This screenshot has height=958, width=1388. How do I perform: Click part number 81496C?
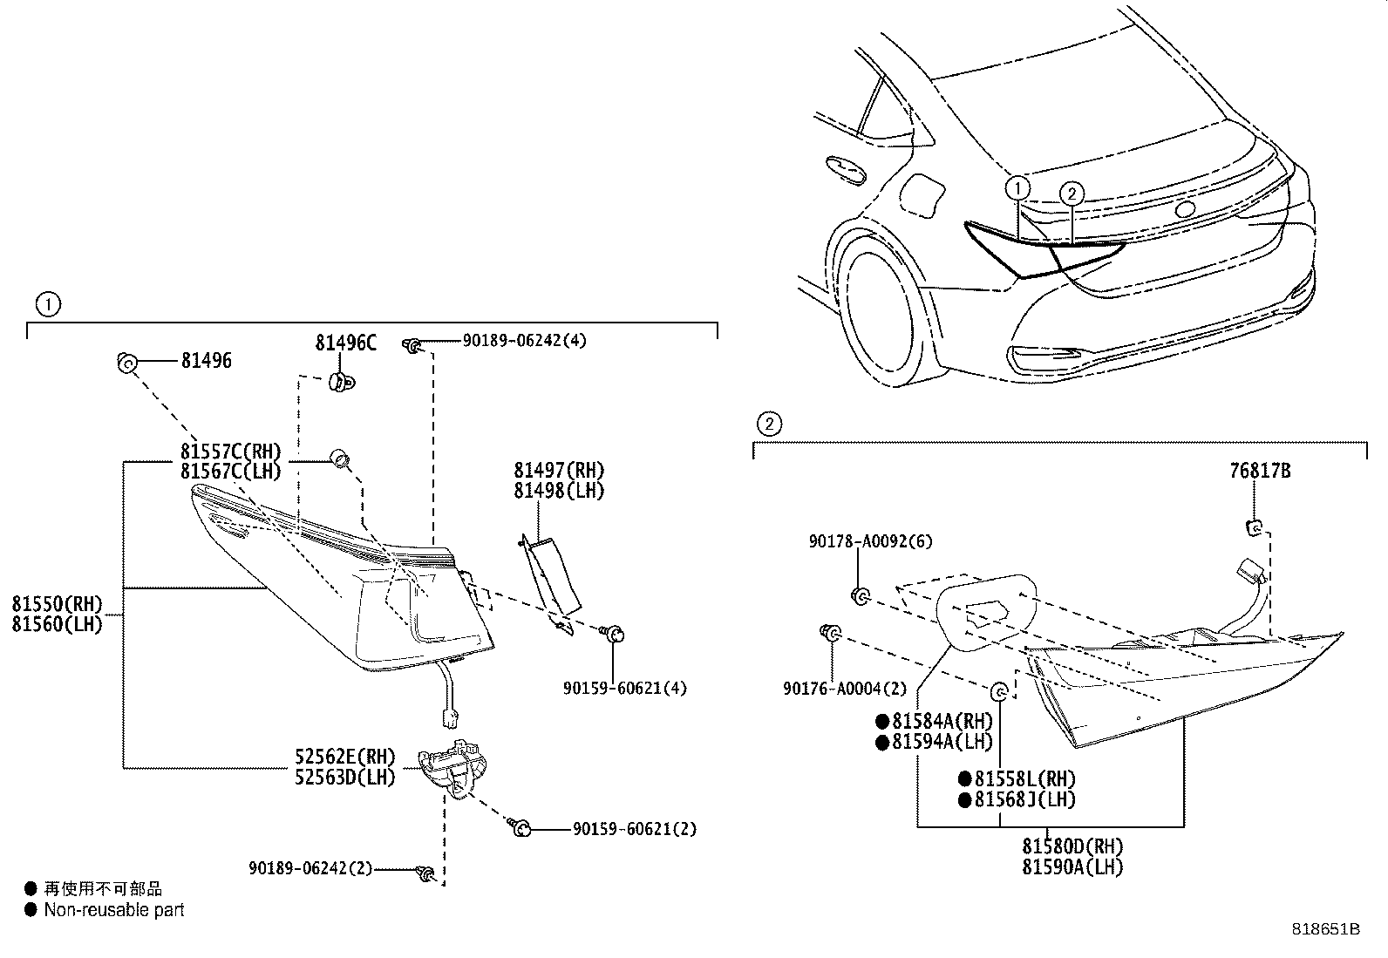click(x=346, y=343)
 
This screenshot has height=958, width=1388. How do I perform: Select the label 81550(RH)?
click(x=58, y=604)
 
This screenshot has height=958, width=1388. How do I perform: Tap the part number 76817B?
click(x=1260, y=471)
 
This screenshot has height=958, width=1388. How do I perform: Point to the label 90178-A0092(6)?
click(x=869, y=541)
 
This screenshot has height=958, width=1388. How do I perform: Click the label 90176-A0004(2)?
click(x=844, y=688)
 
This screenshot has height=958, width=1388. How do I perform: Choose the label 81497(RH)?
click(x=559, y=471)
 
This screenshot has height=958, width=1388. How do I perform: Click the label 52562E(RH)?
click(x=344, y=756)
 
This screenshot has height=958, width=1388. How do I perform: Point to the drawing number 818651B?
click(x=1325, y=929)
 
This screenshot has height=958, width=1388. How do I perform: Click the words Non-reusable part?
click(x=114, y=910)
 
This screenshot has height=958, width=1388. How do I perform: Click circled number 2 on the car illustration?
click(x=1072, y=194)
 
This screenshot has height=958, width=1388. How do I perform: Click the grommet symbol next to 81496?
click(x=126, y=361)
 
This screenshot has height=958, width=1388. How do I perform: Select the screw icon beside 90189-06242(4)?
click(x=413, y=346)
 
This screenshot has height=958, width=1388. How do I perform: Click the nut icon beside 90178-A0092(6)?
click(x=859, y=595)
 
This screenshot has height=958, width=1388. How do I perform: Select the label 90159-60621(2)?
click(x=635, y=829)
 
